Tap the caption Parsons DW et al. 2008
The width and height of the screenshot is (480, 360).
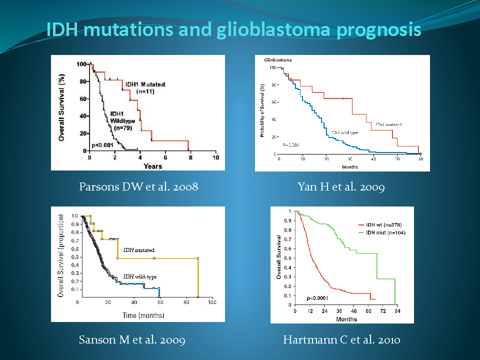pyautogui.click(x=138, y=187)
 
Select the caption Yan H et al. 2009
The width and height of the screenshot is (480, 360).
pyautogui.click(x=341, y=187)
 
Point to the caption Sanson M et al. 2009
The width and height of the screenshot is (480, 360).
pyautogui.click(x=132, y=340)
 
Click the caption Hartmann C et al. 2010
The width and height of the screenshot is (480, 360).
pyautogui.click(x=341, y=340)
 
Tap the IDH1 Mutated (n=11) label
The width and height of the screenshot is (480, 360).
pyautogui.click(x=145, y=87)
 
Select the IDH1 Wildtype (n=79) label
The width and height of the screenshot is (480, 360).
pyautogui.click(x=123, y=120)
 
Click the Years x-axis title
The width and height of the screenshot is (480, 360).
pyautogui.click(x=152, y=165)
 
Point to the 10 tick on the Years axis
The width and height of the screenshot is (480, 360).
pyautogui.click(x=215, y=157)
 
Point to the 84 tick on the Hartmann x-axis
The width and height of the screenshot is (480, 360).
pyautogui.click(x=397, y=311)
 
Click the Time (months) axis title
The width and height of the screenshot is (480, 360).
pyautogui.click(x=144, y=315)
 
